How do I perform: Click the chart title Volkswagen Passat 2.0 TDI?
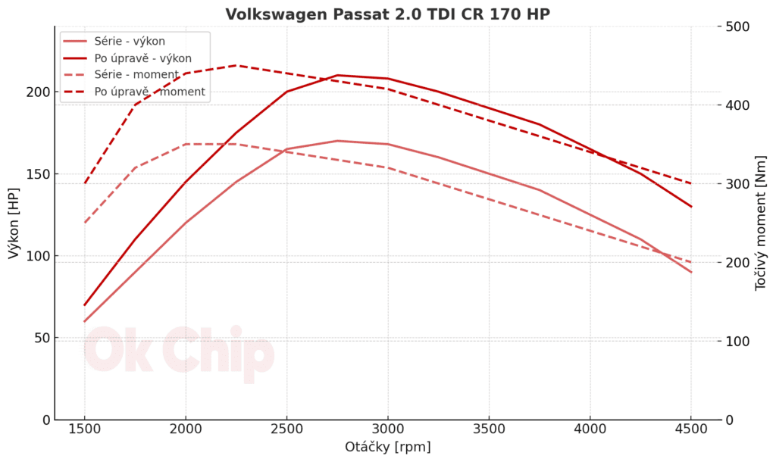(x=387, y=14)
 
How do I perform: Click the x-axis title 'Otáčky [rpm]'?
(x=387, y=447)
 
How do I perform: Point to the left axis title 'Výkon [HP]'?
(x=14, y=223)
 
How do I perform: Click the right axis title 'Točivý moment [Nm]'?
(x=761, y=223)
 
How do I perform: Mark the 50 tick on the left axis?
(x=42, y=338)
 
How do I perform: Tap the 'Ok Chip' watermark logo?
(x=178, y=352)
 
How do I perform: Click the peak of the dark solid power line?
(x=337, y=75)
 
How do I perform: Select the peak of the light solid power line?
(x=337, y=141)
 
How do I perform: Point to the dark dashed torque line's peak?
(x=236, y=65)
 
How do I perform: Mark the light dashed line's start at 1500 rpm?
(x=84, y=223)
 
